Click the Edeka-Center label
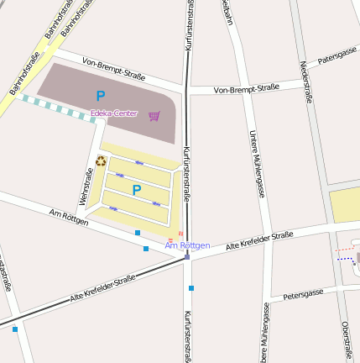tap(114, 113)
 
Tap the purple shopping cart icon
tap(154, 116)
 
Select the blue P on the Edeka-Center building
tap(101, 96)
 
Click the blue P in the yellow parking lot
tap(136, 190)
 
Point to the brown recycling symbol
tap(101, 160)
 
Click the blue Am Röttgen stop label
tap(187, 245)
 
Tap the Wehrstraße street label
tap(86, 187)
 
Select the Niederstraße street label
tap(305, 82)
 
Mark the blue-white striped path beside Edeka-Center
tap(58, 109)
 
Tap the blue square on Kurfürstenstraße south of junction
tap(191, 288)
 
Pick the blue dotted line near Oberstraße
tap(347, 260)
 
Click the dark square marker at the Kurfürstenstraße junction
tap(186, 259)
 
